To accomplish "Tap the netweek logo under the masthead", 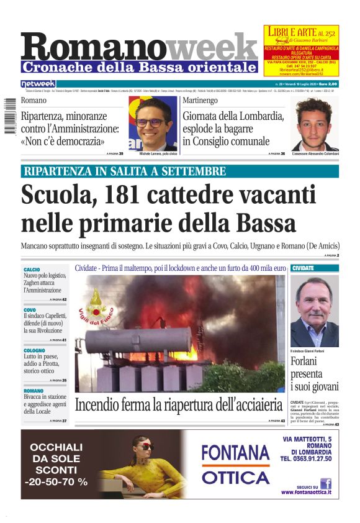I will [38, 84].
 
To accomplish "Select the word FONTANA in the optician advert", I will [235, 452].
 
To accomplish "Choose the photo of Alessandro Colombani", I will [313, 122].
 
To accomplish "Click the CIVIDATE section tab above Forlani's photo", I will [303, 268].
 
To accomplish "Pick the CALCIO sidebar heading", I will [32, 269].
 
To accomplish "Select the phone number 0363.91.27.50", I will [306, 459].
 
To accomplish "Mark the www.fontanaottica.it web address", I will [305, 493].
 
